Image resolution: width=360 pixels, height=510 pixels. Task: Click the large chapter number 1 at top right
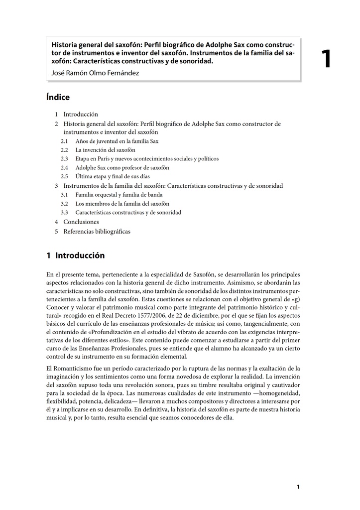(x=326, y=60)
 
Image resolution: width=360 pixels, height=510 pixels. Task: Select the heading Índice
(x=58, y=98)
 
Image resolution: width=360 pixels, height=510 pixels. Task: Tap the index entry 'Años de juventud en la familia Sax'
(x=117, y=141)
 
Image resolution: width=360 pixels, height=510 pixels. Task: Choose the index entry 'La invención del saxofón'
(x=105, y=150)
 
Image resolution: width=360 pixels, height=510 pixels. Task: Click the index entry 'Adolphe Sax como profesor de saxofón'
(x=122, y=168)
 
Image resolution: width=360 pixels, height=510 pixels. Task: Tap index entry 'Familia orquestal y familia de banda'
(x=121, y=195)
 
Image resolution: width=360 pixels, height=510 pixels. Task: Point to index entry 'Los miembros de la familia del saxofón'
(x=122, y=204)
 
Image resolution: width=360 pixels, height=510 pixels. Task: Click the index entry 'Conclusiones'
(x=81, y=222)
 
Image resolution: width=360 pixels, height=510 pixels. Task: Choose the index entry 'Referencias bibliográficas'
(x=97, y=232)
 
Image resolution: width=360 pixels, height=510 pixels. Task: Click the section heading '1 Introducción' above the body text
(x=76, y=256)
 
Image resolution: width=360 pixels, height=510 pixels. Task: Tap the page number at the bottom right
(x=298, y=487)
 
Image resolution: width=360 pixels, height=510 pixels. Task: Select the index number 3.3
(x=64, y=213)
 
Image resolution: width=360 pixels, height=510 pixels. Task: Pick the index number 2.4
(x=64, y=168)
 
